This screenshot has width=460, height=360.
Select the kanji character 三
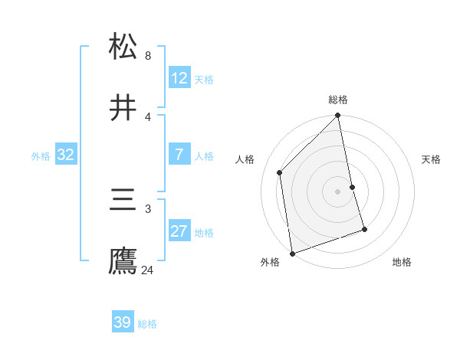coord(123,201)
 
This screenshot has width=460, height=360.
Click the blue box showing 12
coord(179,78)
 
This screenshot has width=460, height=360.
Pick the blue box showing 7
coord(179,155)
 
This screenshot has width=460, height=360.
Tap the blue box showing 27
coord(179,231)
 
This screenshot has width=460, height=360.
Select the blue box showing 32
coord(66,155)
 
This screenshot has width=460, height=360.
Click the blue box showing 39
coord(123,322)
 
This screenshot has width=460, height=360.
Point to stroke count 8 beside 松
coord(148,56)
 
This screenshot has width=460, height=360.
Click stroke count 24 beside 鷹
coord(148,270)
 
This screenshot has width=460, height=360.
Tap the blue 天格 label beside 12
coord(204,80)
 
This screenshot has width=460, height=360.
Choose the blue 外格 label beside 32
coord(41,156)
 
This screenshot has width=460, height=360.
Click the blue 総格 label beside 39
coord(147,324)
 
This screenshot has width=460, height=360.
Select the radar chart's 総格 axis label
coord(338,100)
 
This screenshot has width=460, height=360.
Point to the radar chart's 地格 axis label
coord(402,263)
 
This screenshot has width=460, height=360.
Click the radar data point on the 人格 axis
coord(280,172)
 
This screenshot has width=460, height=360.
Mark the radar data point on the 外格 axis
coord(292,253)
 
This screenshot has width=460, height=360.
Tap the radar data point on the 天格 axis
coord(352,187)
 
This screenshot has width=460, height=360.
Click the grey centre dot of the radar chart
coord(338,191)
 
